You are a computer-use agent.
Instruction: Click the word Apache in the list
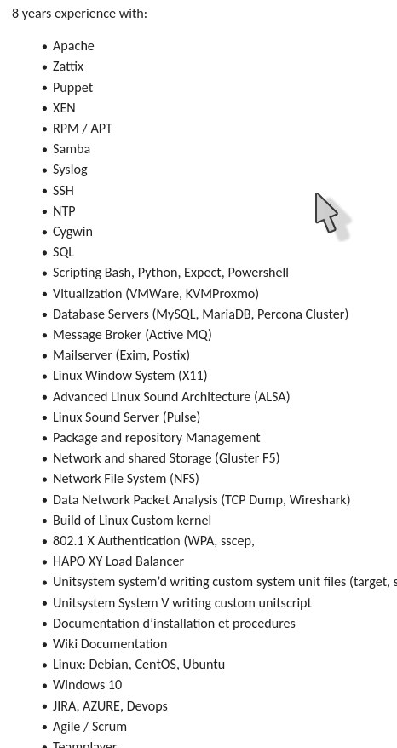tap(73, 46)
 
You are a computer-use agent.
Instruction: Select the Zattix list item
tap(68, 66)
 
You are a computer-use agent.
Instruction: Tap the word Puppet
tap(72, 88)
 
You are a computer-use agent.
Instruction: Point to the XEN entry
tap(64, 108)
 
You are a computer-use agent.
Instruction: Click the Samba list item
tap(72, 149)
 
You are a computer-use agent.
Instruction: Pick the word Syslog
tap(70, 170)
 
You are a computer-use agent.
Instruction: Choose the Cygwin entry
tap(72, 232)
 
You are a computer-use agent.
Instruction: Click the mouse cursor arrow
tap(332, 216)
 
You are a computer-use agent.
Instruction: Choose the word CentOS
tap(156, 665)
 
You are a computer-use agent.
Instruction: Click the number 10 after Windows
tap(115, 685)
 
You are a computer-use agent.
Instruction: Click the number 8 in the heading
tap(15, 14)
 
